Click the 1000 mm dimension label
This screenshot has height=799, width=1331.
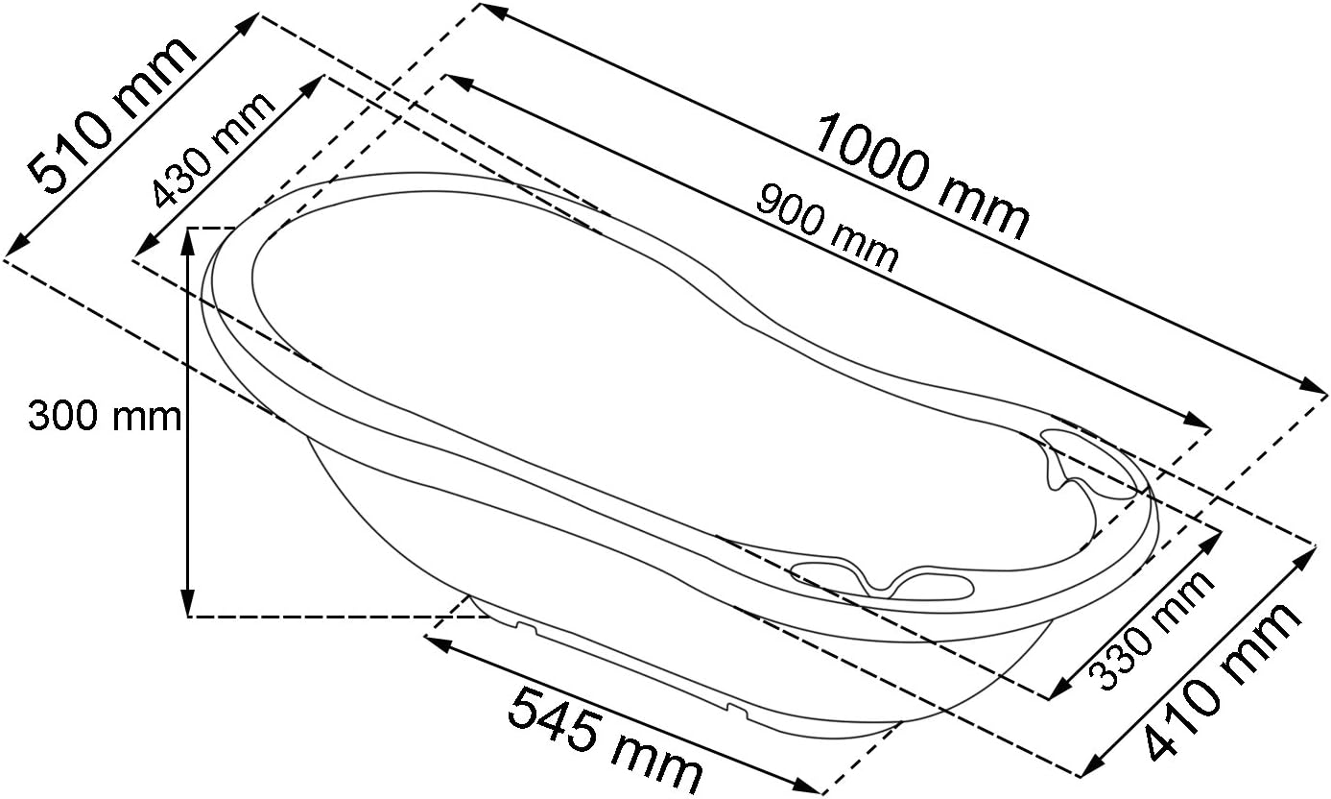[x=922, y=177]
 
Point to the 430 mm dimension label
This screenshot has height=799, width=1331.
[x=212, y=151]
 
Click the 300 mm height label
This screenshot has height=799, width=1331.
[x=105, y=416]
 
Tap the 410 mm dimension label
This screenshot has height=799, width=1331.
[x=1222, y=681]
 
